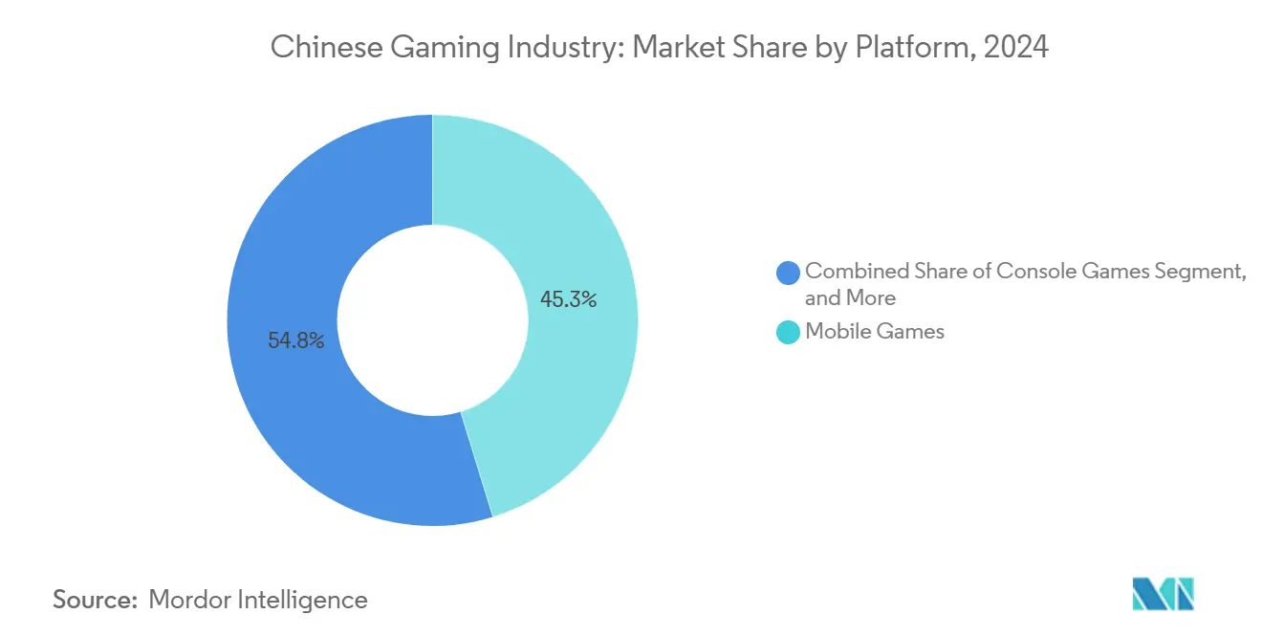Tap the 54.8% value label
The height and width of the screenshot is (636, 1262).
pos(295,340)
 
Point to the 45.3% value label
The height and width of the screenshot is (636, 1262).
pos(568,299)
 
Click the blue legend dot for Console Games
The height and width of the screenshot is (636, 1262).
pos(789,273)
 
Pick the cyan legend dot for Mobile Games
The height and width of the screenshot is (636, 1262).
pos(789,333)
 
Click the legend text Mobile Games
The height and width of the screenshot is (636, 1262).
pos(875,332)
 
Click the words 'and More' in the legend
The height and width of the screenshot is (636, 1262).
pos(850,297)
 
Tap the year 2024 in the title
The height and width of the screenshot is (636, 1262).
pos(1016,47)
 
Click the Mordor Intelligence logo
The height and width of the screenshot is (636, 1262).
pos(1163,594)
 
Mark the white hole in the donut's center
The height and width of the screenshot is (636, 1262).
pos(432,320)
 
